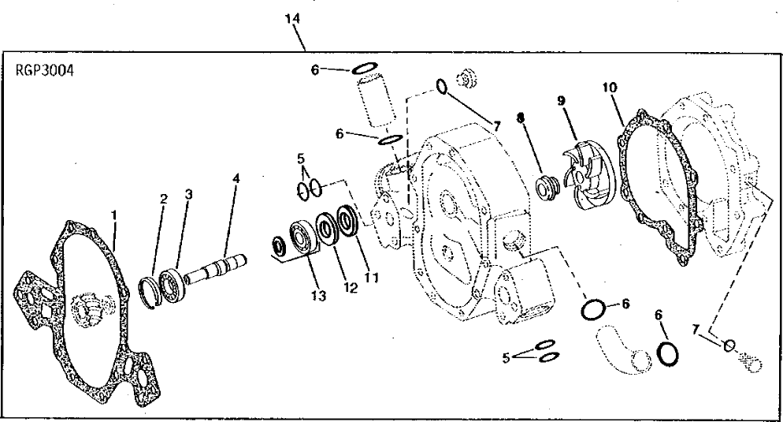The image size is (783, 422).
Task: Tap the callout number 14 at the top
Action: pos(293,17)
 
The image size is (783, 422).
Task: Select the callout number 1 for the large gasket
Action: pos(114,214)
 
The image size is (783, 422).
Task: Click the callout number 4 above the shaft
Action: pos(236,178)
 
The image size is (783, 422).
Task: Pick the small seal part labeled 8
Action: pos(544,189)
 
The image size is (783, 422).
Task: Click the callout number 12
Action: pos(350,288)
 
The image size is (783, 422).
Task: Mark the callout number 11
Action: pos(372,278)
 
